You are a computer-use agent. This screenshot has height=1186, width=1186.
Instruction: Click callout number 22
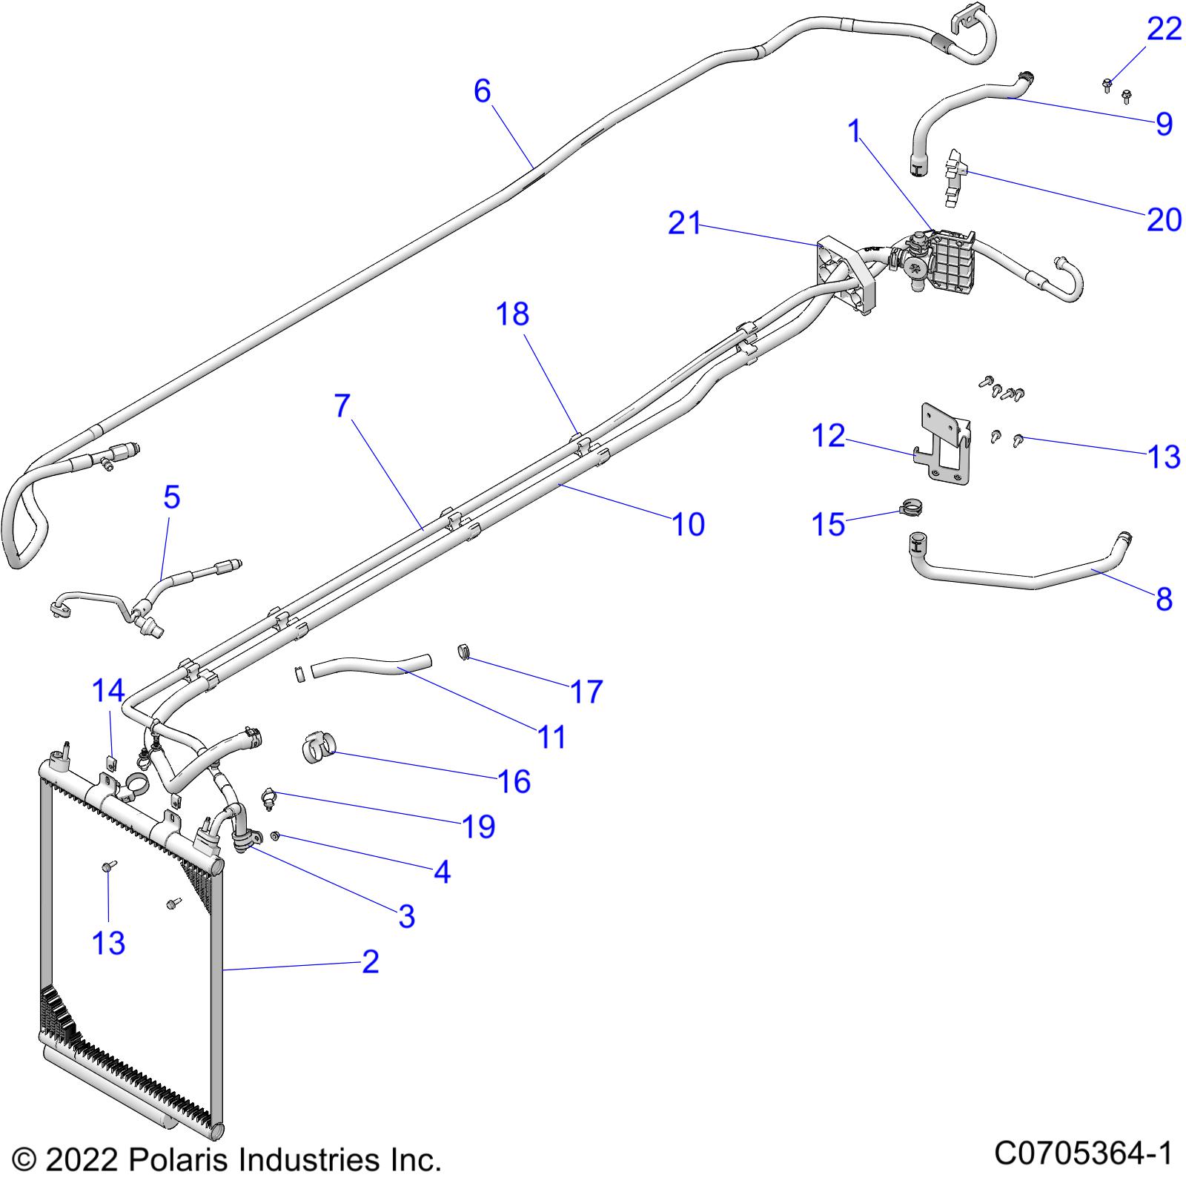tap(1164, 30)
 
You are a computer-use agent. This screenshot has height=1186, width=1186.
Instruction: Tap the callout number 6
tap(483, 91)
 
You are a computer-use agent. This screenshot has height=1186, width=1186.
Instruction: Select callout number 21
tap(684, 223)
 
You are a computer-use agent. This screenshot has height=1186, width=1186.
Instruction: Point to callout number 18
tap(512, 314)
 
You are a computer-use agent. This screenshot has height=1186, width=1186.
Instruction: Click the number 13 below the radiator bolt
tap(108, 944)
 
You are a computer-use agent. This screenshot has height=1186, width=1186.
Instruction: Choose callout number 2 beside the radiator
tap(370, 962)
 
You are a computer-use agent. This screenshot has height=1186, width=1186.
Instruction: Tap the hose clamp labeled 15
tap(911, 509)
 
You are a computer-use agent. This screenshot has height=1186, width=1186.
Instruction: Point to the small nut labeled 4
tap(274, 836)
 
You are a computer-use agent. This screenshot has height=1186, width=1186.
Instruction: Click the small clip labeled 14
tap(110, 762)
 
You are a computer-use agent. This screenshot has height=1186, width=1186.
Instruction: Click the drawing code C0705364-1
tap(1083, 1153)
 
